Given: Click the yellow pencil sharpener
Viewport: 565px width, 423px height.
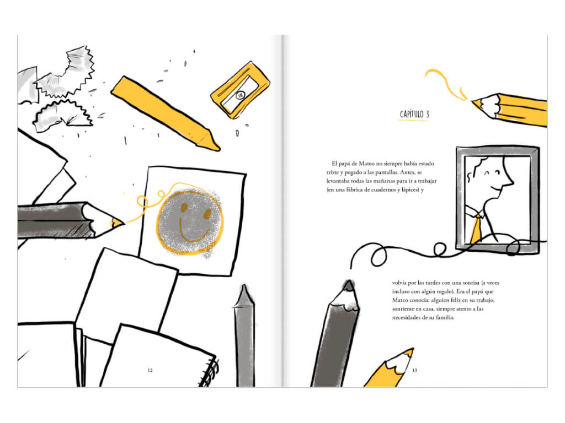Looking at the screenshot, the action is (240, 90).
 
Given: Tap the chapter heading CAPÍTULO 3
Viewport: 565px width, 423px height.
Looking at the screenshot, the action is (414, 114).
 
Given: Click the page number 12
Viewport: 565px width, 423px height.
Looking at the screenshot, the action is (150, 370).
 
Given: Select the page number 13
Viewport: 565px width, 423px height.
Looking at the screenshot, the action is (415, 370).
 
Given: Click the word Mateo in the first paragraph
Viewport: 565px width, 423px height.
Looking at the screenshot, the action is (367, 164).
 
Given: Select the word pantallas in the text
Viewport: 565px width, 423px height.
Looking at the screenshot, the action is (387, 172).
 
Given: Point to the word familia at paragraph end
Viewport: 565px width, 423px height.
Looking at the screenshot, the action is (445, 318).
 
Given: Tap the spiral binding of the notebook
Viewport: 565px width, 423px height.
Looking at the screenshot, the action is (210, 372).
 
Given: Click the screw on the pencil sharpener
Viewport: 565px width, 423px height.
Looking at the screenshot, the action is (241, 95).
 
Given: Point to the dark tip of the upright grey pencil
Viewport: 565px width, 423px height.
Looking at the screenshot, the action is (349, 285).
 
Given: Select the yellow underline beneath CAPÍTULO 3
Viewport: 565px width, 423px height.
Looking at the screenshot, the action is (414, 120).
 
